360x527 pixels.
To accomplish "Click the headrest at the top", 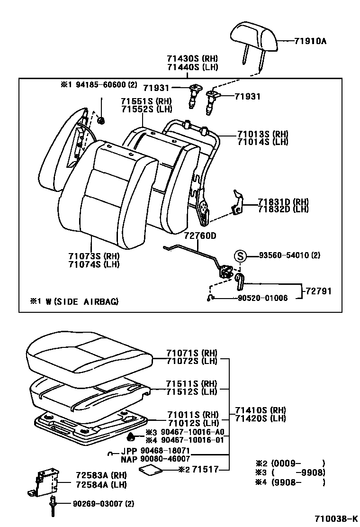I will [x=254, y=36].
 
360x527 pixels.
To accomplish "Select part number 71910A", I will [x=310, y=41].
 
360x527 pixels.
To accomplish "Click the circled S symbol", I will [x=241, y=256].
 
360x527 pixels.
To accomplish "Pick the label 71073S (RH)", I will [x=94, y=256].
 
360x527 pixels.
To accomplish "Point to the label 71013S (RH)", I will [x=262, y=134].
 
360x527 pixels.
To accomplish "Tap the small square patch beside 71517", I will [x=151, y=470].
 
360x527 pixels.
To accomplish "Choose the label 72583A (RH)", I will [x=101, y=474].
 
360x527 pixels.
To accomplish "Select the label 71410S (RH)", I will [x=261, y=410].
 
